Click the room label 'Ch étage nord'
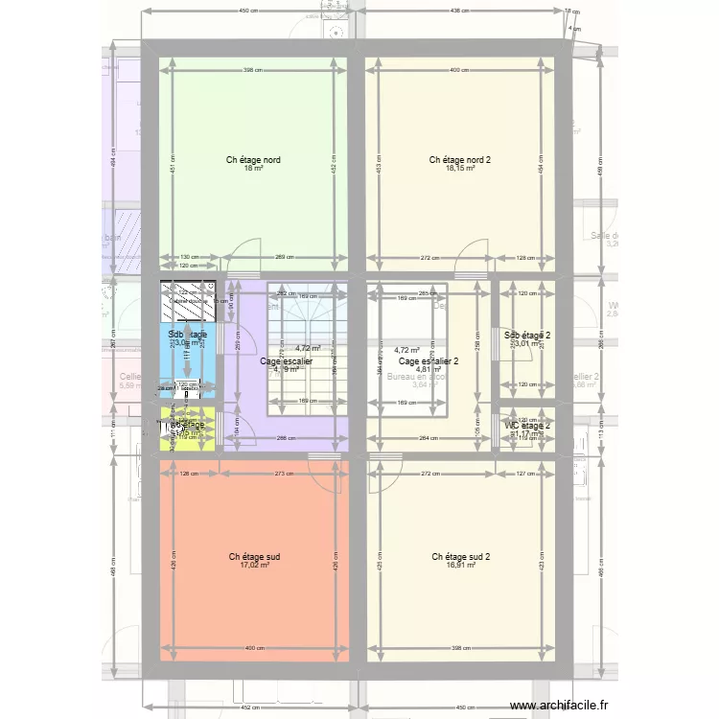[x=253, y=160]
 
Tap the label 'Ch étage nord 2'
[x=459, y=160]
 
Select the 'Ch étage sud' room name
[x=254, y=556]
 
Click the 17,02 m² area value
[x=254, y=566]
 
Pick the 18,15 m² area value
[x=459, y=170]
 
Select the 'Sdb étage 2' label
[x=527, y=335]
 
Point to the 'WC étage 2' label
[x=527, y=425]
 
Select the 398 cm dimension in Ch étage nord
[x=252, y=70]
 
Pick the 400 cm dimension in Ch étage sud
[x=253, y=649]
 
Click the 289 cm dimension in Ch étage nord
[x=285, y=257]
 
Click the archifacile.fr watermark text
[x=561, y=706]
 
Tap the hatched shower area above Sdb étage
[x=187, y=301]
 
